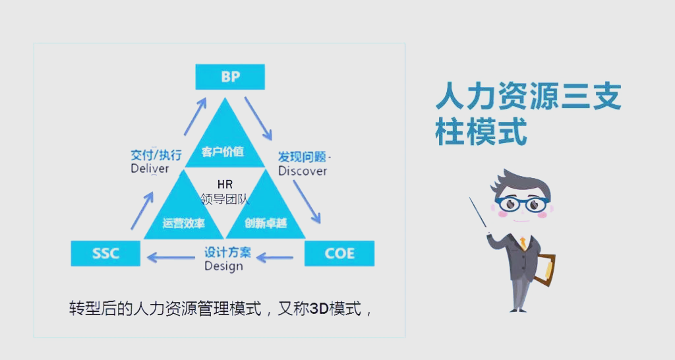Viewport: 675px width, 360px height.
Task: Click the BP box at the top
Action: pos(230,76)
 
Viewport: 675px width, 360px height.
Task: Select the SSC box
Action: pos(105,253)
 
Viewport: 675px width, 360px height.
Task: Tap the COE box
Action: pos(339,253)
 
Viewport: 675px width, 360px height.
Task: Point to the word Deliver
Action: pos(150,169)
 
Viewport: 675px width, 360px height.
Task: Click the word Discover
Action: pos(303,171)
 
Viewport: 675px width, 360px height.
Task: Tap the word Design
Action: pos(223,266)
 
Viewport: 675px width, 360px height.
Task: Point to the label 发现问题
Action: pos(302,157)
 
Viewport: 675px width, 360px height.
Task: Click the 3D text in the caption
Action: pos(319,308)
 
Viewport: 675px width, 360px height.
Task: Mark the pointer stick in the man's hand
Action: pos(481,215)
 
